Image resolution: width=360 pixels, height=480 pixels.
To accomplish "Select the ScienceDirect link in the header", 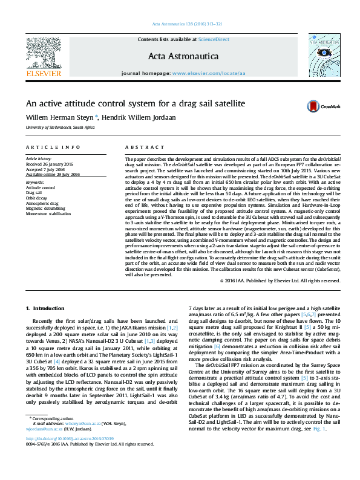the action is (x=214, y=39).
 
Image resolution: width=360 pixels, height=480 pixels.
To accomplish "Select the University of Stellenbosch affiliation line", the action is (x=60, y=128).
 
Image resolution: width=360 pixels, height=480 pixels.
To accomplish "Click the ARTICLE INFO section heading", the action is (x=53, y=148).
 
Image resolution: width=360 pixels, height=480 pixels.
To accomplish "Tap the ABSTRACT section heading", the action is (x=140, y=148).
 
